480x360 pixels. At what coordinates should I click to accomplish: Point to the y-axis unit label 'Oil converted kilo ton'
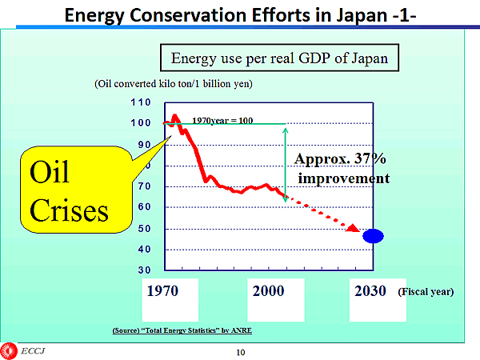click(173, 84)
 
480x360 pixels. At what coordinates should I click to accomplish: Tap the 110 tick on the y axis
click(141, 102)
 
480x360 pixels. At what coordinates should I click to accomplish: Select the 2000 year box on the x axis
click(268, 291)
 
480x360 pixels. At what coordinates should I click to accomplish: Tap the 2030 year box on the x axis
click(370, 291)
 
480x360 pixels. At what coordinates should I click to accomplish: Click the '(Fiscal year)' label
click(425, 292)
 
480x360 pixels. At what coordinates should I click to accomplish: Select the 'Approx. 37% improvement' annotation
click(342, 168)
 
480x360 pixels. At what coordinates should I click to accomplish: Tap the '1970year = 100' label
click(222, 120)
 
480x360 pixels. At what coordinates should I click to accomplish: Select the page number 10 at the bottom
click(240, 352)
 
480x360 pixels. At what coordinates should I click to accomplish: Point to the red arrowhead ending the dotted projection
click(353, 229)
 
